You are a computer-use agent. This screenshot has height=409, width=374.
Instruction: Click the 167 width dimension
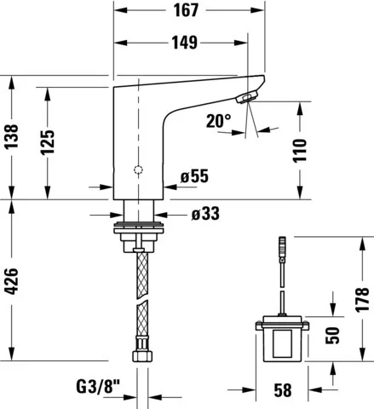pos(186,10)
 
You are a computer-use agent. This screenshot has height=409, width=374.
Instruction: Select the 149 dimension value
pos(185,43)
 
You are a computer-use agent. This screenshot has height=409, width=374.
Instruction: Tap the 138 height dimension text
pos(11,136)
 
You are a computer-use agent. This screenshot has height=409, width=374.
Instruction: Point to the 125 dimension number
pos(47,142)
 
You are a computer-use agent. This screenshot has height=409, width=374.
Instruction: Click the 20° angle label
pos(219,121)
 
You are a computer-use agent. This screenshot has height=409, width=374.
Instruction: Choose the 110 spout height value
pos(300,151)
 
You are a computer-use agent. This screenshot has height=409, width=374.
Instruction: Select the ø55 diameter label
pos(194,176)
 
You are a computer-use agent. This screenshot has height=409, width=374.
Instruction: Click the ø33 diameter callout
pos(205,214)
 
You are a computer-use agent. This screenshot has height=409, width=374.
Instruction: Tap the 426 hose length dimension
pos(11,281)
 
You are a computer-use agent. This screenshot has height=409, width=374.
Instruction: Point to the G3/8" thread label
pos(98,387)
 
